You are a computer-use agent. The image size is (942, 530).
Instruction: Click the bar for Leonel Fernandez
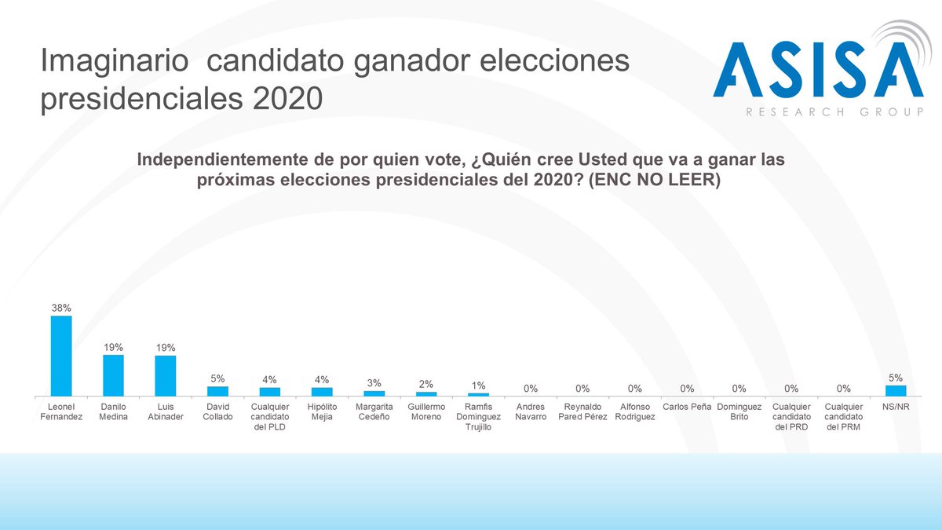click(61, 356)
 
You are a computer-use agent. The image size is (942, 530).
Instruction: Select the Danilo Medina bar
click(113, 375)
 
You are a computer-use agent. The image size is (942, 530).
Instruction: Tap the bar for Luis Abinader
click(166, 375)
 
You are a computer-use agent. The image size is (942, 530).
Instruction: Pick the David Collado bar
click(217, 390)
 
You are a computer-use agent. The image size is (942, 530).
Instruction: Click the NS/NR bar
click(896, 390)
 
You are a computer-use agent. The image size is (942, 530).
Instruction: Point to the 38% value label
click(61, 308)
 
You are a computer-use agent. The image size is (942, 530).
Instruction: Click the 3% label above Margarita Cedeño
click(374, 383)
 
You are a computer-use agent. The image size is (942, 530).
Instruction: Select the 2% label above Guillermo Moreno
click(426, 385)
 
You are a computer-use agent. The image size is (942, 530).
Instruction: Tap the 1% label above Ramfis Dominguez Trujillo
click(478, 386)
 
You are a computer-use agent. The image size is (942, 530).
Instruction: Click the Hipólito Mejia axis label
click(322, 411)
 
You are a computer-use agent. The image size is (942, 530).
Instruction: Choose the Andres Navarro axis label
click(531, 411)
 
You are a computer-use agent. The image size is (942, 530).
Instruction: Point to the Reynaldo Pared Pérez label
click(582, 411)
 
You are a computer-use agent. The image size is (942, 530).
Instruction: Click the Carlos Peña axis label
click(687, 407)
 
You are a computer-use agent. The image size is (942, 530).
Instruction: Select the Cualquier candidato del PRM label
click(844, 416)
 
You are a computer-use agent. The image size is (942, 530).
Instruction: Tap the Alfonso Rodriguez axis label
click(635, 411)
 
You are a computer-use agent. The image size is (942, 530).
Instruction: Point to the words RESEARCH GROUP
click(834, 112)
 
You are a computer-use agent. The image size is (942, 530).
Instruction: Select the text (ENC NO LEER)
click(655, 180)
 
